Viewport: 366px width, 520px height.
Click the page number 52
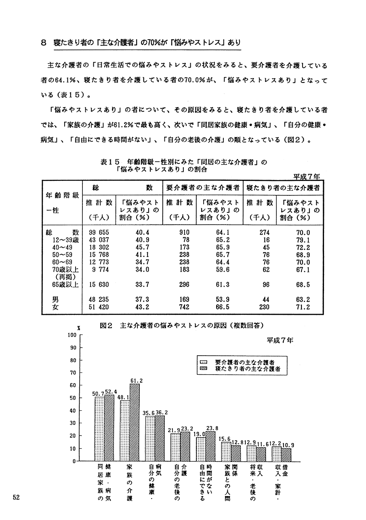coord(16,497)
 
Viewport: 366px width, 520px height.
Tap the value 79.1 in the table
coord(302,240)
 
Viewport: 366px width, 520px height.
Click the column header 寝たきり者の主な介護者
coord(283,188)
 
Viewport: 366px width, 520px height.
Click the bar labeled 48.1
coord(125,431)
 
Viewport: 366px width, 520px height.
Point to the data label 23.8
coord(212,428)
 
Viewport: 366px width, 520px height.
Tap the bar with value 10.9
coord(286,454)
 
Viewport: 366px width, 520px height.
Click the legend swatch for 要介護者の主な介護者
coord(204,362)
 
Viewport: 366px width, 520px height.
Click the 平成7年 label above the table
coord(307,176)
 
